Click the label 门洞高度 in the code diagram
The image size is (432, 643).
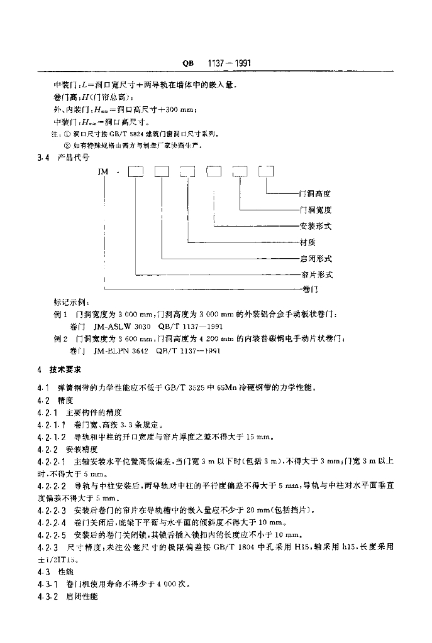click(x=316, y=194)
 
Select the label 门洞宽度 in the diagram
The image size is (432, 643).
click(x=316, y=210)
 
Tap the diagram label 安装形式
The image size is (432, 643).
click(x=316, y=226)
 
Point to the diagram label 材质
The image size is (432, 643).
click(x=308, y=242)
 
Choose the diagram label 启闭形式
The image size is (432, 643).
click(x=316, y=259)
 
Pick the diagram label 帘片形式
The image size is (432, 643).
click(x=316, y=275)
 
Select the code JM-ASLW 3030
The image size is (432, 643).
click(x=121, y=327)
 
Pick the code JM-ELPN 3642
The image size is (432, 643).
click(x=119, y=351)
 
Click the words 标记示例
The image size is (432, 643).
click(x=72, y=301)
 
